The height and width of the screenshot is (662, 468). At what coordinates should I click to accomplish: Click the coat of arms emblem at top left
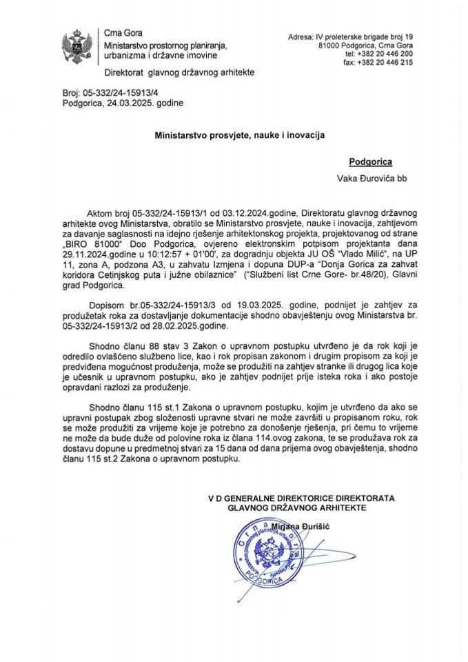[x=75, y=45]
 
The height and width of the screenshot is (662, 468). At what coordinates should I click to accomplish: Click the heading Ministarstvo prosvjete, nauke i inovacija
[x=234, y=137]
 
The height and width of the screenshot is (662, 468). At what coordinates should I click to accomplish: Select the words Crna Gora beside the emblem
[x=119, y=33]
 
